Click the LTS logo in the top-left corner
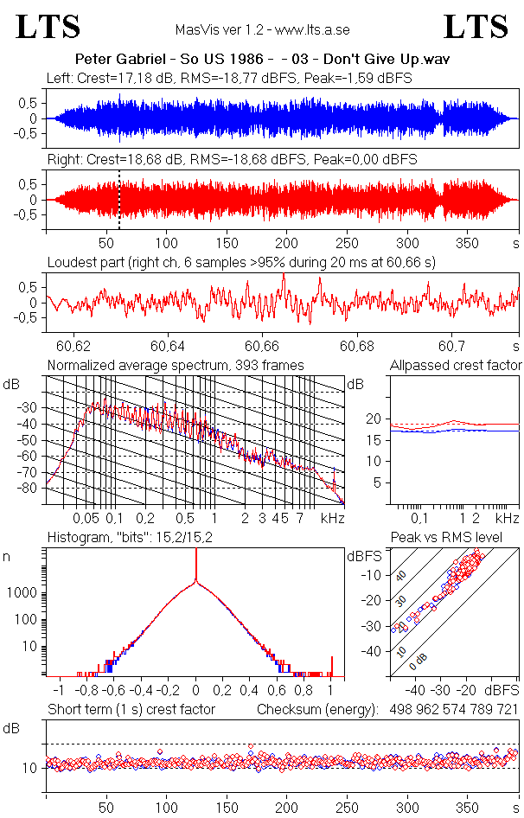tap(48, 27)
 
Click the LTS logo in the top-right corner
tap(476, 27)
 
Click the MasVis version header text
tap(262, 29)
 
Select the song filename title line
tap(262, 60)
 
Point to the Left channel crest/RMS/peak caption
tap(229, 78)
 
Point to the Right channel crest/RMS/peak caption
tap(232, 160)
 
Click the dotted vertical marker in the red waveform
tap(118, 200)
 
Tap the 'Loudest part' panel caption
tap(241, 261)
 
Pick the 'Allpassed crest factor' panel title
tap(456, 366)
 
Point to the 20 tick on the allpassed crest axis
tap(374, 419)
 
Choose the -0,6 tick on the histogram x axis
tap(113, 691)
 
